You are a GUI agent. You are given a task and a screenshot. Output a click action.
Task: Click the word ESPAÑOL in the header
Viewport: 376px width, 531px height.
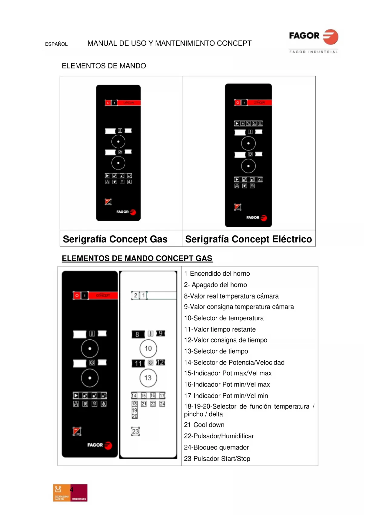[56, 44]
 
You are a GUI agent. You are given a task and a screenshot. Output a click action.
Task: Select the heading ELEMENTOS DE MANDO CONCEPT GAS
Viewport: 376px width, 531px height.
[137, 258]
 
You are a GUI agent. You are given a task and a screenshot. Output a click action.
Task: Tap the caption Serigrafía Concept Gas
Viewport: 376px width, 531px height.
[115, 239]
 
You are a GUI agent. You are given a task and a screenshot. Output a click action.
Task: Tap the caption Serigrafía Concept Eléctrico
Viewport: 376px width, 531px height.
[248, 239]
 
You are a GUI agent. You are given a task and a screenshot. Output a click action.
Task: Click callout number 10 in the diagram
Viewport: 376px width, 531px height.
[148, 348]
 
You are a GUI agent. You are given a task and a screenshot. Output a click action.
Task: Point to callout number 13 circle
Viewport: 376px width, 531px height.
[148, 378]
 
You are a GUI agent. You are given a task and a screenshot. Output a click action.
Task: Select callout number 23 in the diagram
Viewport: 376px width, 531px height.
[135, 431]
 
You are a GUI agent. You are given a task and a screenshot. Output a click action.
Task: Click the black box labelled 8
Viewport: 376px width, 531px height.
[138, 334]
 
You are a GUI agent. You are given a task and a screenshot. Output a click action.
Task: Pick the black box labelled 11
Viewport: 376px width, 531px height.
[138, 363]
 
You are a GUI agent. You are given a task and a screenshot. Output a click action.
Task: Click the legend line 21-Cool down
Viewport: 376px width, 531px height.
[204, 425]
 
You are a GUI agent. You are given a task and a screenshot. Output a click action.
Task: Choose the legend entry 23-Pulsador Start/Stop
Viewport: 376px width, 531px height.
[217, 459]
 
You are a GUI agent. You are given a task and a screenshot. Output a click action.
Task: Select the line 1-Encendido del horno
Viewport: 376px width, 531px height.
[217, 274]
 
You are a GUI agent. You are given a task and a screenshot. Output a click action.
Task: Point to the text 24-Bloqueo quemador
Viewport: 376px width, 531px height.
[216, 447]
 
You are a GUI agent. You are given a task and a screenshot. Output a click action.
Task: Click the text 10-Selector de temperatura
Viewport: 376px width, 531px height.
[224, 318]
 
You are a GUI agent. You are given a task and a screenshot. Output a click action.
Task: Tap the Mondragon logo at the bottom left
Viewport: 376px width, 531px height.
[70, 493]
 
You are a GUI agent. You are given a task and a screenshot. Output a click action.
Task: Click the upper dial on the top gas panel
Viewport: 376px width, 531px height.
[118, 142]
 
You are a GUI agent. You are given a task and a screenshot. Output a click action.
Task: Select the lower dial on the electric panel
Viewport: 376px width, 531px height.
[248, 166]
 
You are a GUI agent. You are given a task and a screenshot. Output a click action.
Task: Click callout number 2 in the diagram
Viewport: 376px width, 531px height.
[135, 295]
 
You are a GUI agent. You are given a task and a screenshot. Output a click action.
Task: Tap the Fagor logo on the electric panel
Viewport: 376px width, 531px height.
[256, 218]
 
